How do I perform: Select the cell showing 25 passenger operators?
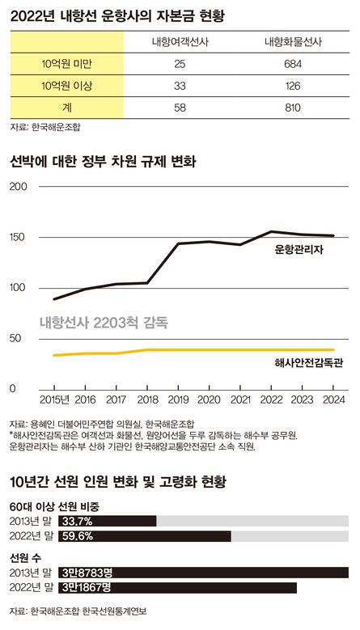pos(180,62)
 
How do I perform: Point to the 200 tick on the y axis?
pos(18,188)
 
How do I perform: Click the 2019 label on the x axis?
pos(178,400)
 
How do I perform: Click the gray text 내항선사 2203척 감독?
pos(104,322)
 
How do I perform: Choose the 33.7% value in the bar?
pos(77,521)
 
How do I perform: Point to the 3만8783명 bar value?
pos(87,572)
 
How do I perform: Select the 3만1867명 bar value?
pos(87,587)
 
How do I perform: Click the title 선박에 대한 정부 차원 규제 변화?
pos(103,162)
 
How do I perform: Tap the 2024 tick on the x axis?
pos(332,400)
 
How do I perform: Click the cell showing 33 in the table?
pos(180,83)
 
